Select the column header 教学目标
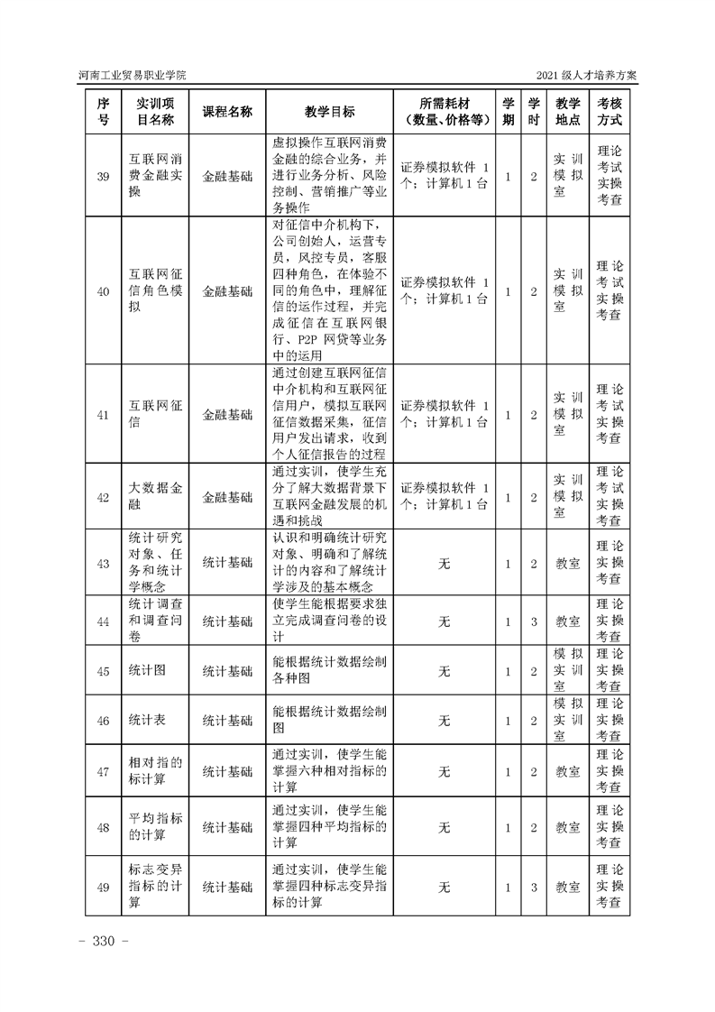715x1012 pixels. [329, 111]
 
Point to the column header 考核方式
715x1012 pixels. [610, 111]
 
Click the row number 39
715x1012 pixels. [103, 176]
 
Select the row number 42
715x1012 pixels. [103, 496]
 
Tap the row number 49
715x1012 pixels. [103, 888]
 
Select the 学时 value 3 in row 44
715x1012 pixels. [534, 621]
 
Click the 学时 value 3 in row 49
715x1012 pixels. [534, 888]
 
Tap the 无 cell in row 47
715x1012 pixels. [444, 771]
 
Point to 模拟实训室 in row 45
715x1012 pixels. [567, 670]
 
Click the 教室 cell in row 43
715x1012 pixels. [567, 563]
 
